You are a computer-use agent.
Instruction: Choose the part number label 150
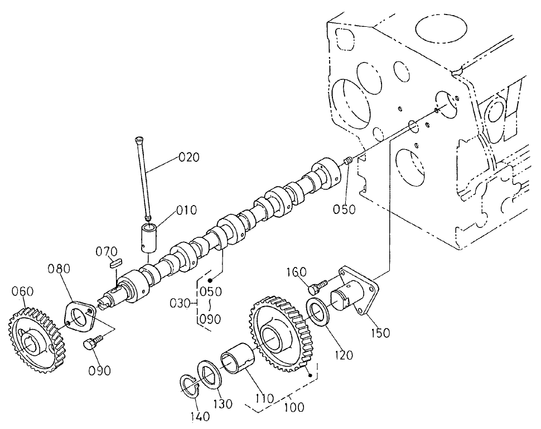[379, 333]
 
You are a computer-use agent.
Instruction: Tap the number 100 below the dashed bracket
[293, 407]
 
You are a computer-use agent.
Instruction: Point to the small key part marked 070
[116, 263]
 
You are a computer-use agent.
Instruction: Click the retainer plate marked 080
[80, 318]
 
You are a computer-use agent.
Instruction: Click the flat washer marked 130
[210, 373]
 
